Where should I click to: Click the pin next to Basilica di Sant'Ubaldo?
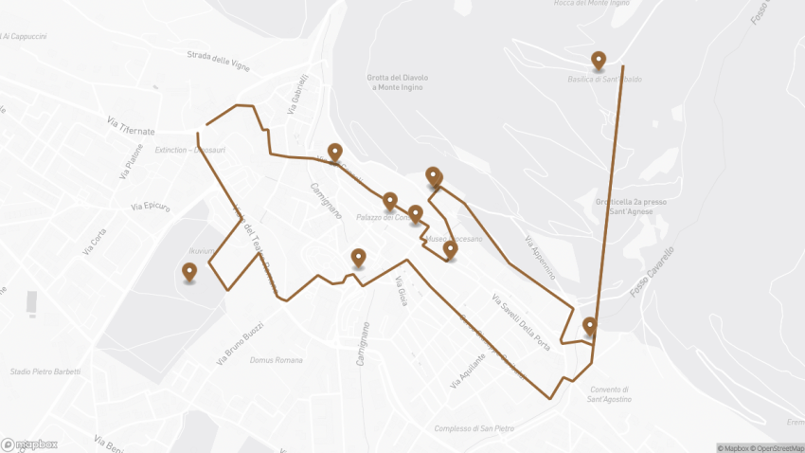click(599, 62)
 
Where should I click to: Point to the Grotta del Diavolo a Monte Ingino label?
click(398, 82)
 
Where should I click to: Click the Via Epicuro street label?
click(151, 206)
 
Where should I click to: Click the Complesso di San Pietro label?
click(474, 428)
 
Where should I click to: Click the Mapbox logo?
click(29, 444)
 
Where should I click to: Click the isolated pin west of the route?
click(189, 273)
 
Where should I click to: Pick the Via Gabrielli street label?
click(295, 95)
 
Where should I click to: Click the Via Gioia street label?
click(402, 293)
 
